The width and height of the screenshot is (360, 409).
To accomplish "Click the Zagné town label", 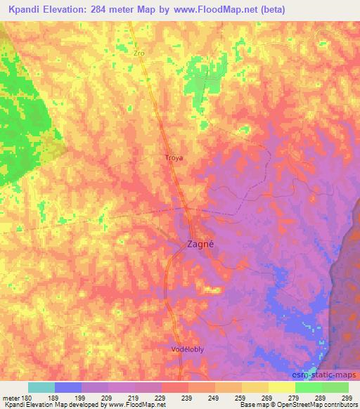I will tap(199, 245).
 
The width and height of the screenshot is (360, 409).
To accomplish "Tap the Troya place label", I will tap(173, 158).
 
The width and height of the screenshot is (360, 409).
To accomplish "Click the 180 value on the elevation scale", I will tap(27, 397).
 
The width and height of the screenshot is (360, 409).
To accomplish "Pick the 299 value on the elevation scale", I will tap(347, 397).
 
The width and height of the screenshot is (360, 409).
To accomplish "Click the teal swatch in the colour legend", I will tap(41, 387).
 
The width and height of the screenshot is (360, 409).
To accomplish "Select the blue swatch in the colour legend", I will tap(67, 387).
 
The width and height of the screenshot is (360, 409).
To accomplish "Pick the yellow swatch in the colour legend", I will tap(281, 387).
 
